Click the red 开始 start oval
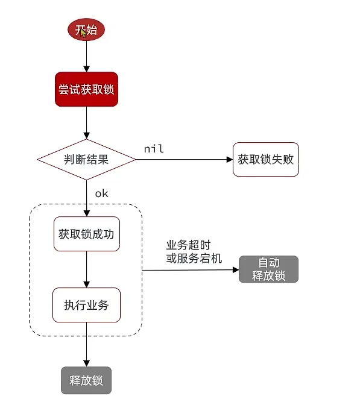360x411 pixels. coord(86,30)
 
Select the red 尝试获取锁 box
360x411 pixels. coord(86,90)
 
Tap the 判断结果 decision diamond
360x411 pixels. coord(86,160)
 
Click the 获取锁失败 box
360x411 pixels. coord(265,160)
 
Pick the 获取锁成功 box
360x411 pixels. coord(86,234)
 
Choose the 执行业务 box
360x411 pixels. coord(86,305)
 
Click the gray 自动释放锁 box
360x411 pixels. coord(268,269)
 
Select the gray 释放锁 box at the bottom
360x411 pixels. coord(86,380)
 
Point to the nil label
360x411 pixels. coord(154,148)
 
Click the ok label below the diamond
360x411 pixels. coord(101,193)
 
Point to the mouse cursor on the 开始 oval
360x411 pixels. coord(83,32)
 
